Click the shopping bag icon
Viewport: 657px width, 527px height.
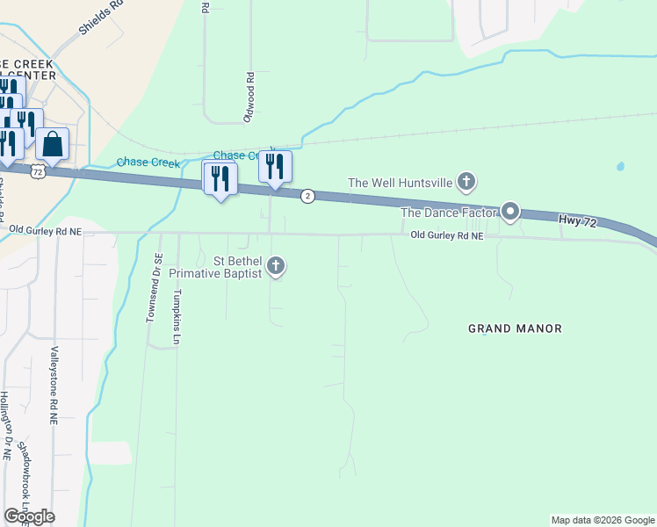[53, 144]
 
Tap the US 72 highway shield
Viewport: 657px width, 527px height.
[37, 172]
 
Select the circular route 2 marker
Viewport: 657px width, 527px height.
[307, 196]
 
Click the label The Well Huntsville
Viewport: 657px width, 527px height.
[400, 183]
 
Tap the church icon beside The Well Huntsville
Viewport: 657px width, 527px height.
[466, 183]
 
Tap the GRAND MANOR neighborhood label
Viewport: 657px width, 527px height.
[515, 328]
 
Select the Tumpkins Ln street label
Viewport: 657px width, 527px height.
[177, 316]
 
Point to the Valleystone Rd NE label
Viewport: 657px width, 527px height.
[54, 386]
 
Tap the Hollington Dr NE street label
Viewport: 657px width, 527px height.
[6, 426]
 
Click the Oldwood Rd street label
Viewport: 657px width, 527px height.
[250, 97]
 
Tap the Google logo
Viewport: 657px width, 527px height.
[29, 516]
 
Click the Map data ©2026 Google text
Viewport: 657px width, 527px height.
[602, 520]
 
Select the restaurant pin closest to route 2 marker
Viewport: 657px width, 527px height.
[275, 166]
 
